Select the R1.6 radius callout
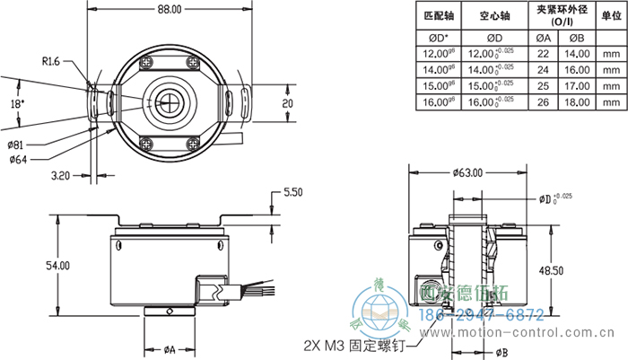click(52, 61)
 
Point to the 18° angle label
click(19, 104)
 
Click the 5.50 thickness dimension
click(293, 193)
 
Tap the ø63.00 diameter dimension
click(467, 172)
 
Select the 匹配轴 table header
click(439, 15)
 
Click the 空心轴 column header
click(495, 15)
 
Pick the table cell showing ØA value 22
click(543, 54)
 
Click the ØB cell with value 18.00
click(577, 104)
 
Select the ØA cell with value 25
click(543, 87)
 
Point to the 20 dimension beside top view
click(286, 104)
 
